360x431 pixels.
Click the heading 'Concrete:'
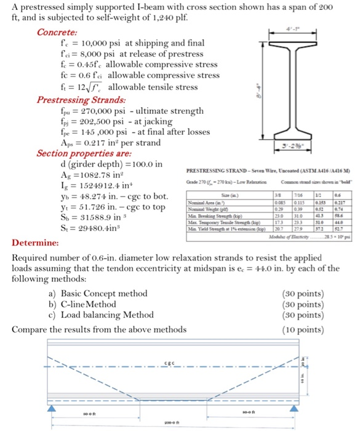[x=57, y=32]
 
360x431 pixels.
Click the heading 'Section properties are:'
[x=83, y=153]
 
